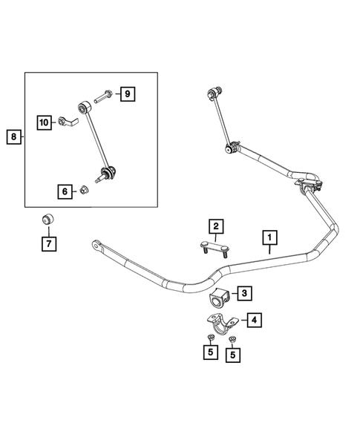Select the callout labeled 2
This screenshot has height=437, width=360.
215,226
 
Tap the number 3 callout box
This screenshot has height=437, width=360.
243,294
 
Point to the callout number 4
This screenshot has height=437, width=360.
254,321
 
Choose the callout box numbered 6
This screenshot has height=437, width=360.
65,191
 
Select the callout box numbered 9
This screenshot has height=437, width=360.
127,93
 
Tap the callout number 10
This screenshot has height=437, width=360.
44,121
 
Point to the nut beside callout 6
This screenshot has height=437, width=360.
85,191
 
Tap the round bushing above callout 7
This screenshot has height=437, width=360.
47,220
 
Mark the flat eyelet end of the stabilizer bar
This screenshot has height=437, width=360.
97,244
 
